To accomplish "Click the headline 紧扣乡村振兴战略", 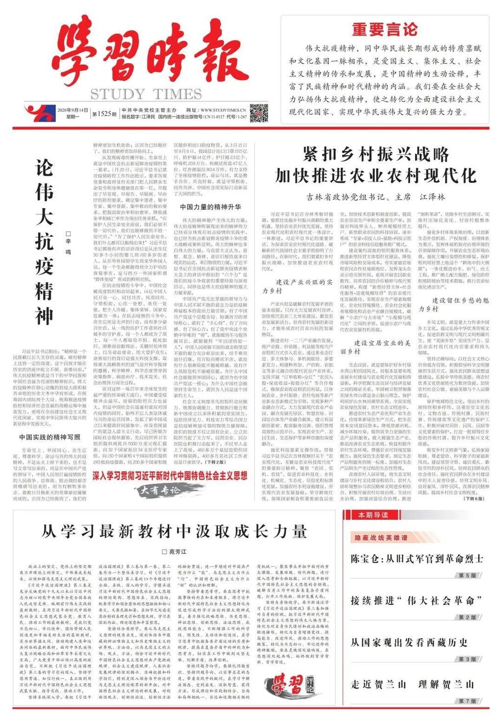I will (376, 154).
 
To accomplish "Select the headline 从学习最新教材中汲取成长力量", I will (174, 531).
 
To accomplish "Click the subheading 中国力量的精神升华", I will (210, 207).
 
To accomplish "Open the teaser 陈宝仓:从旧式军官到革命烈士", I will (417, 558).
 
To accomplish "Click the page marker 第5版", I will (467, 575).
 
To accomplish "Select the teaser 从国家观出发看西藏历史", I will (409, 643).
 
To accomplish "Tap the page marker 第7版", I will (467, 701).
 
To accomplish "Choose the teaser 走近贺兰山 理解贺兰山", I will (412, 684).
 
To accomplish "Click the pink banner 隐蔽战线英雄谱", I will (381, 538).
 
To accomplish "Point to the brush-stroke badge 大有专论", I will (160, 298).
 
